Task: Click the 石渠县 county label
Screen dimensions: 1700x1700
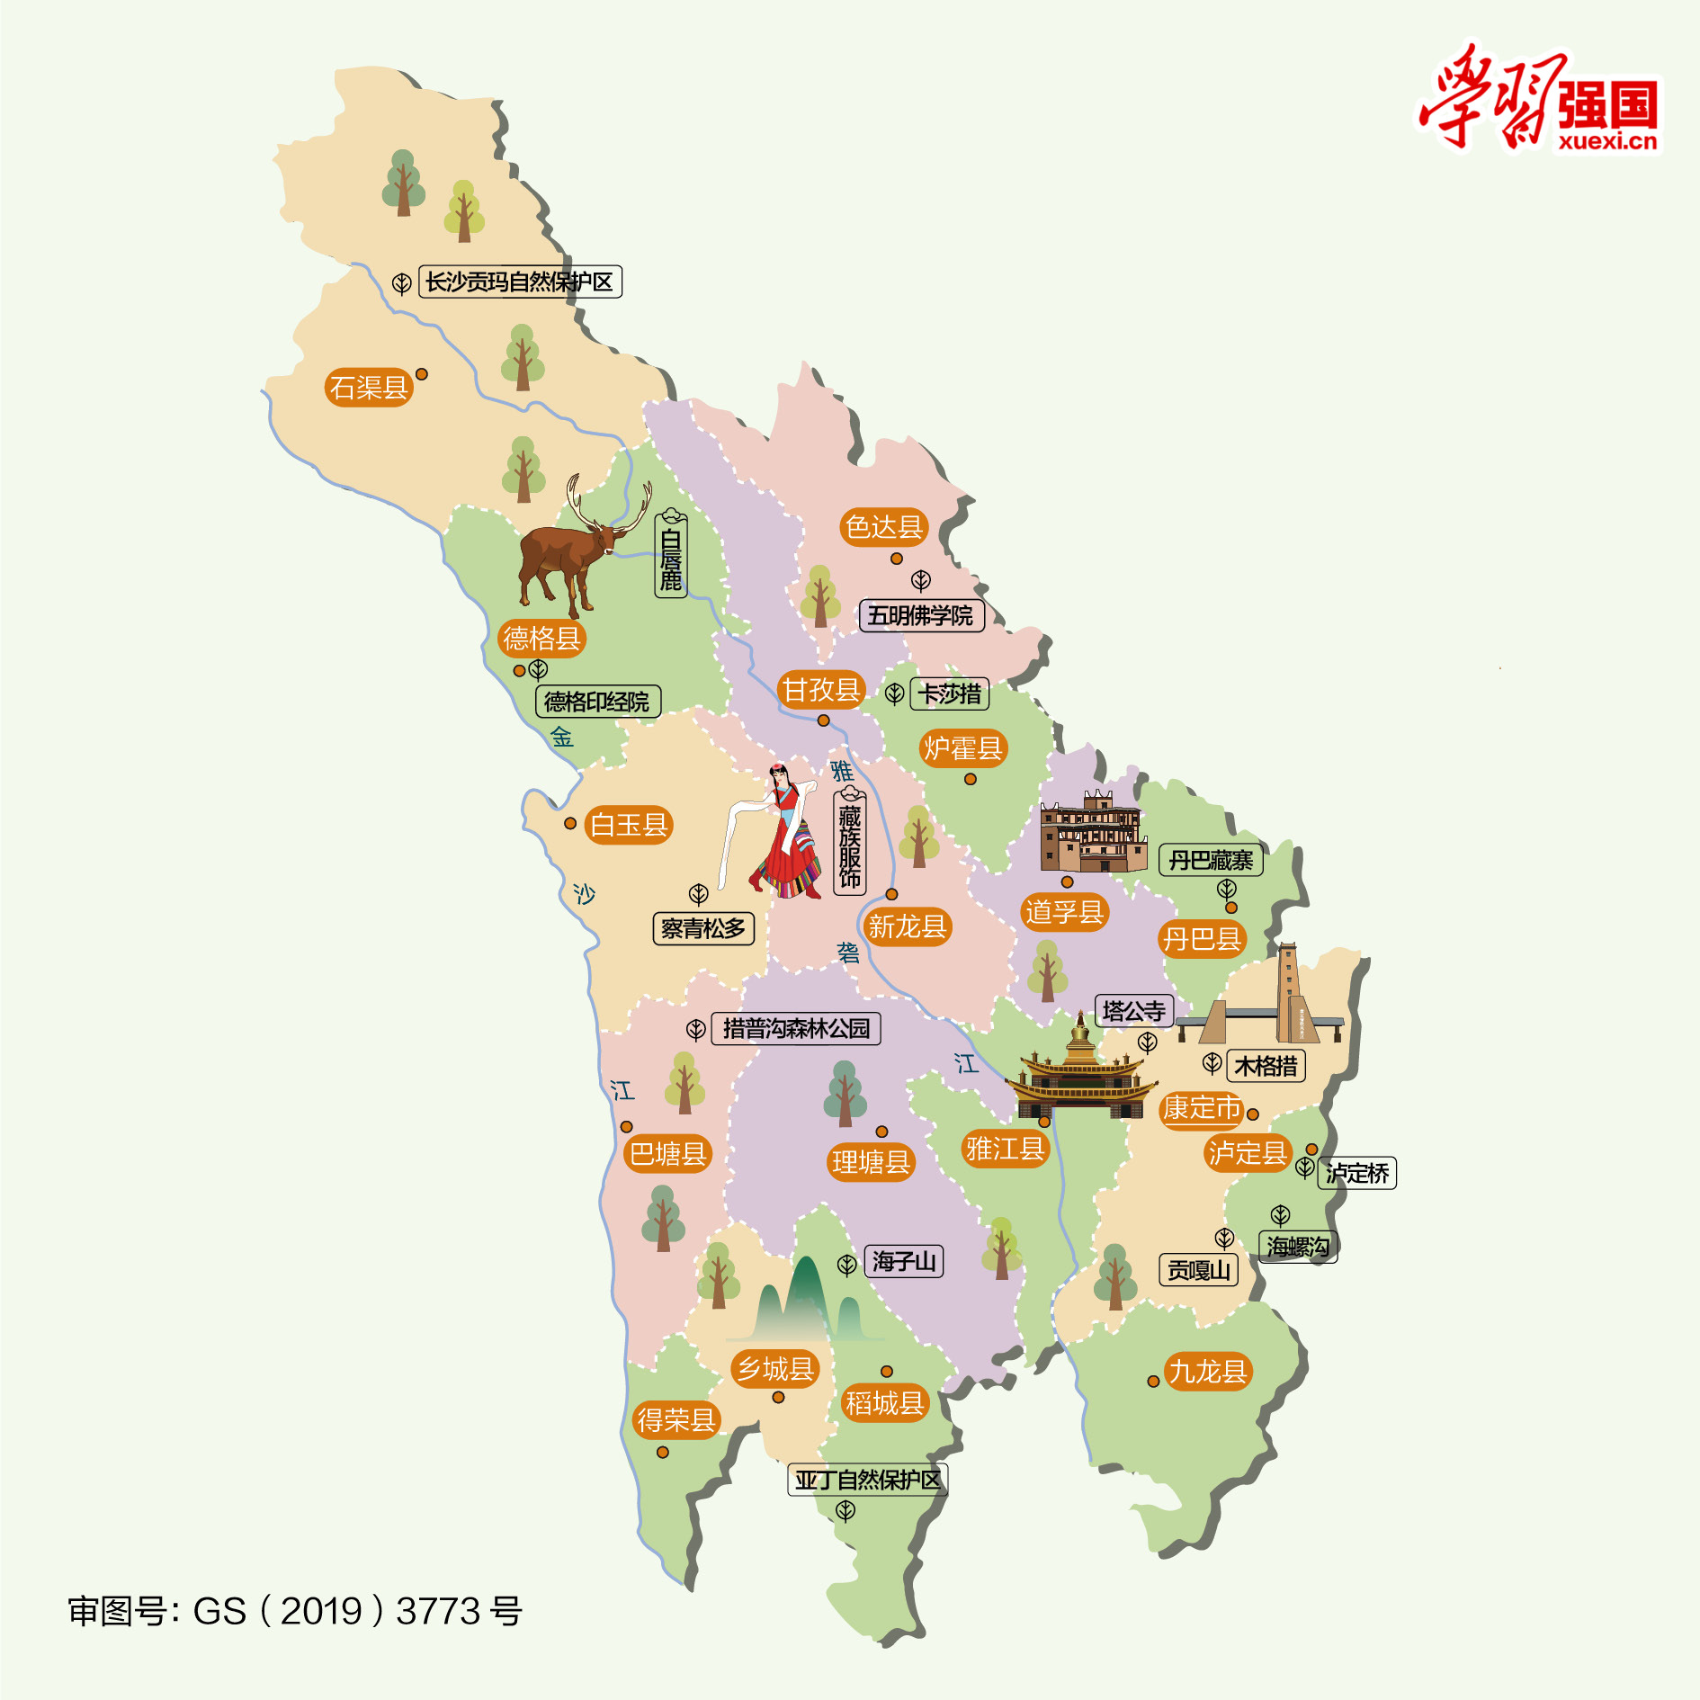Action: tap(368, 388)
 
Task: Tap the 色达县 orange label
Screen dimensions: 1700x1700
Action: tap(883, 527)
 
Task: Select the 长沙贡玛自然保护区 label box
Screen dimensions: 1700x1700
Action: tap(520, 282)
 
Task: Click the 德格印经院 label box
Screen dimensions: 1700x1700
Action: tap(597, 702)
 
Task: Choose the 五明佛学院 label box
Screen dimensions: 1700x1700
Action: tap(920, 616)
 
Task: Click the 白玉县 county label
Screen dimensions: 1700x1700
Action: tap(628, 825)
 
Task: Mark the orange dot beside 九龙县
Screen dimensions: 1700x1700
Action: tap(1153, 1381)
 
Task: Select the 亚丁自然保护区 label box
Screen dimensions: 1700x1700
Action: tap(867, 1480)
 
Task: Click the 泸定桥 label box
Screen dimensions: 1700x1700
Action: tap(1356, 1173)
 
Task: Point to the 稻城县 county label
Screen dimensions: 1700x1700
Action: tap(884, 1403)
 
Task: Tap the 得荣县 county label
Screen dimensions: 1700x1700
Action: tap(676, 1420)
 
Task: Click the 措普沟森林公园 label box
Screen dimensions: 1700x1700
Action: tap(796, 1029)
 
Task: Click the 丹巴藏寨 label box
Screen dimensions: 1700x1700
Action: tap(1211, 861)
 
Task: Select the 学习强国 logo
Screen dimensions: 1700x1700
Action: tap(1539, 99)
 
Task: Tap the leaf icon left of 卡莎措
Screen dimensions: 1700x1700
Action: tap(894, 693)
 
